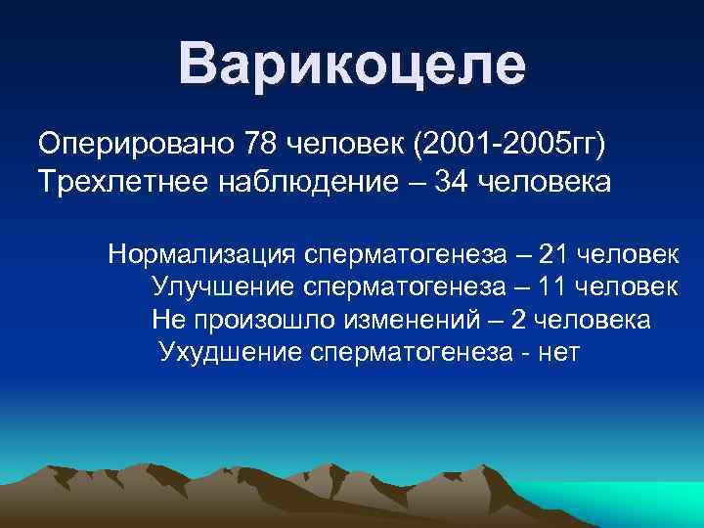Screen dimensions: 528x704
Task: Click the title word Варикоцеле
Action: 352,64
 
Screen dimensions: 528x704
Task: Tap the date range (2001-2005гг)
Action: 510,145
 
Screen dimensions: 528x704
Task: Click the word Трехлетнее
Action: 110,182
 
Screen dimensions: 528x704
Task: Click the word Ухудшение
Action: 231,352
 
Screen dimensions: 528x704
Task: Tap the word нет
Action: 558,352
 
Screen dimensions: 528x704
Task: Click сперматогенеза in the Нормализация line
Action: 405,255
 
